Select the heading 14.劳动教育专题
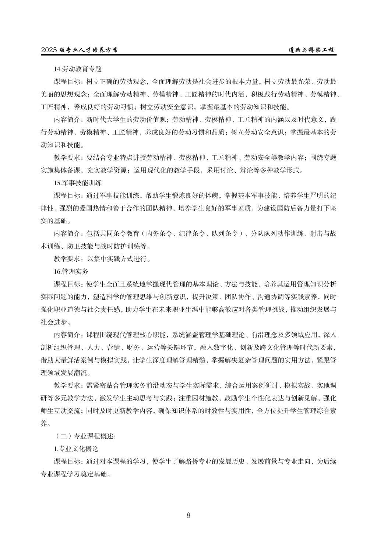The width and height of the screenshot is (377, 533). pos(78,69)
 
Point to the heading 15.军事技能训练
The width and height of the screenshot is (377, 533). pos(78,183)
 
